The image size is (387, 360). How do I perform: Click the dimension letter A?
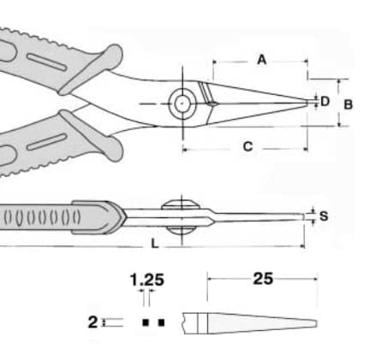[262, 60]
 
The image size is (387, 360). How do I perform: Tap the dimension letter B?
[348, 104]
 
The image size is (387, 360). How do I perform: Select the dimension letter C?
[247, 146]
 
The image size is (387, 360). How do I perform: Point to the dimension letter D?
[325, 101]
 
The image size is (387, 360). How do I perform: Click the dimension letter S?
[324, 216]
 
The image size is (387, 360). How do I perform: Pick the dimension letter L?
[154, 244]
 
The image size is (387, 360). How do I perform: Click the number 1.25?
[147, 280]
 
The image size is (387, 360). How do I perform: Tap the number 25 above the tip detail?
[263, 279]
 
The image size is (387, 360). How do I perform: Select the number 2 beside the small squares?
[92, 322]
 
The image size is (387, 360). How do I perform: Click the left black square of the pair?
[146, 322]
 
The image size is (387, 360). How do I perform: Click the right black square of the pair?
[161, 322]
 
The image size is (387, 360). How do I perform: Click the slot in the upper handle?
[47, 62]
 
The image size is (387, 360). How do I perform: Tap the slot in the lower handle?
[47, 142]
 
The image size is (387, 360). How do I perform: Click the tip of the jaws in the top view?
[307, 103]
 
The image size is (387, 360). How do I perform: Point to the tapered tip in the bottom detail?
[315, 323]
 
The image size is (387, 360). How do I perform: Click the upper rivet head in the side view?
[181, 204]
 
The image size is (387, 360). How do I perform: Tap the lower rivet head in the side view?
[181, 230]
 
